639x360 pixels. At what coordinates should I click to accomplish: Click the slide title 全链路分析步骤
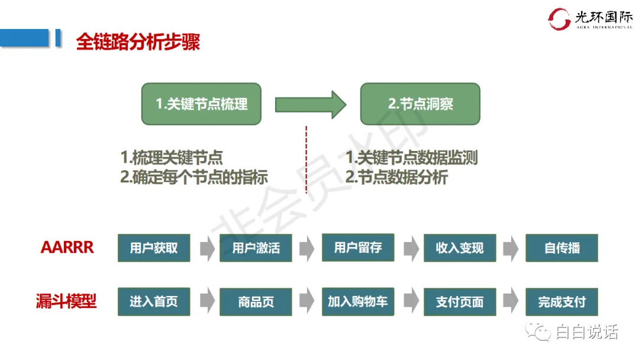coord(138,42)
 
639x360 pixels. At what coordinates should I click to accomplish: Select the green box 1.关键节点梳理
coord(201,104)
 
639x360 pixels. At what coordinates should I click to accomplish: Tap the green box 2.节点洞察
coord(420,104)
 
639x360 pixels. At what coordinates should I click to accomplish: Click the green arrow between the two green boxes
coord(310,105)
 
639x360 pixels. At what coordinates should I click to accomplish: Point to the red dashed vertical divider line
coord(306,160)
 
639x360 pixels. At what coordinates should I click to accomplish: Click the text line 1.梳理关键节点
coord(172,158)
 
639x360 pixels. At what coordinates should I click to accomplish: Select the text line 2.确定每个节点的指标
coord(194,177)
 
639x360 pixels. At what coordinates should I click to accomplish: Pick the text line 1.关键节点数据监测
coord(411,158)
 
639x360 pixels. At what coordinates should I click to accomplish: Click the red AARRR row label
coord(67,247)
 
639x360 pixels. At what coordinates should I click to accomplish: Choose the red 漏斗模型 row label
coord(66,301)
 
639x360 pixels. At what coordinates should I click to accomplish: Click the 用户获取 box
coord(154,248)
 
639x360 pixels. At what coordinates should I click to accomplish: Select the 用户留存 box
coord(358,247)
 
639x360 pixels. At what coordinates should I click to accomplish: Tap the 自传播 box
coord(561,248)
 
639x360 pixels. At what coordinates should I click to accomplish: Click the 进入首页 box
coord(154,302)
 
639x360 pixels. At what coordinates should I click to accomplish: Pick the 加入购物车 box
coord(358,302)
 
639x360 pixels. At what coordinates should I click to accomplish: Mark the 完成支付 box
coord(561,302)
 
